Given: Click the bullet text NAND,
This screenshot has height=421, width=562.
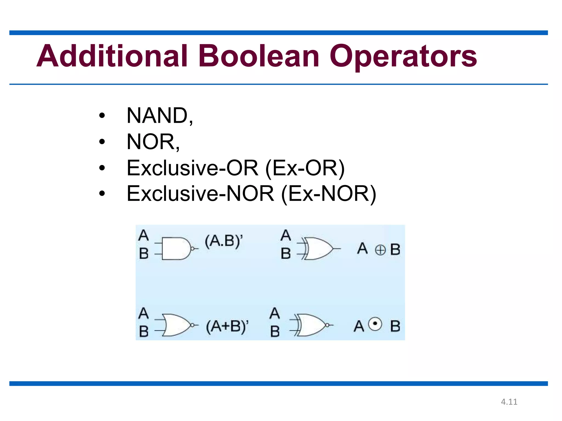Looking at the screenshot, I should coord(160,116).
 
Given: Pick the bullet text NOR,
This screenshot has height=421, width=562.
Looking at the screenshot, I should coord(153,142).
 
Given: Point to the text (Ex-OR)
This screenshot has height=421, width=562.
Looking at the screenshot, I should coord(305,168).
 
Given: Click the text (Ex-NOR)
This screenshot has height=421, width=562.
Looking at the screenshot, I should coord(328,194).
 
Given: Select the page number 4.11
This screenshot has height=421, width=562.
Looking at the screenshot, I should coord(509,402).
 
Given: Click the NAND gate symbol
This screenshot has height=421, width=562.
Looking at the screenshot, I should coord(176,249).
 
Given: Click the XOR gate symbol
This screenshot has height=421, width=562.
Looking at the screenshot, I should coord(318,249).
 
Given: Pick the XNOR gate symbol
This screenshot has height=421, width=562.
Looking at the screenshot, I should coord(311,325).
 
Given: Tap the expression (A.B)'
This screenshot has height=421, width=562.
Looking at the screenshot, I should coord(224,241).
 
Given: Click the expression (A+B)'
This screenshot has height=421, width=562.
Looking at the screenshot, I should coord(227,326).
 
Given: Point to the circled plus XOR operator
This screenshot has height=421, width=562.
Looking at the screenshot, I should coord(380,250).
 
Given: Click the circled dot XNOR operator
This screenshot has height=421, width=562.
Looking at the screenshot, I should coord(375,324).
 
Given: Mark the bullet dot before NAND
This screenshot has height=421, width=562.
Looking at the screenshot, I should coord(102,116).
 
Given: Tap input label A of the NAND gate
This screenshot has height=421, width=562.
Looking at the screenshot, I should coord(144,235).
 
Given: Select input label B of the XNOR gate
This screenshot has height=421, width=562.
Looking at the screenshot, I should coord(275,331).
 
